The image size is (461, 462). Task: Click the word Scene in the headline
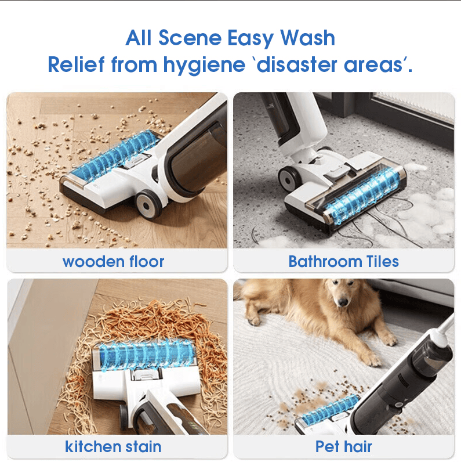click(190, 38)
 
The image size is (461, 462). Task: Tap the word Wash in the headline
click(307, 38)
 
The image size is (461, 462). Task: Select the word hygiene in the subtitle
click(204, 66)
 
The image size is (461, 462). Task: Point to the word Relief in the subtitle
click(76, 64)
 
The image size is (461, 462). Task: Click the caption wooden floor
click(113, 262)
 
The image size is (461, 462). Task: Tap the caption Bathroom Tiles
click(343, 261)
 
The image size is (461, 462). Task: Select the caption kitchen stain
click(113, 446)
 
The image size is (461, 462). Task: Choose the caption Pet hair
click(343, 446)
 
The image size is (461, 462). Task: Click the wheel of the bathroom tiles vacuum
click(290, 179)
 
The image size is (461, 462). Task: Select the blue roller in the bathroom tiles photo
click(364, 195)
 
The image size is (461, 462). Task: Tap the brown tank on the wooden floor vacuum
click(195, 157)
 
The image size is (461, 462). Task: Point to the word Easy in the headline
click(251, 39)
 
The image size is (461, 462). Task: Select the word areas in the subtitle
click(373, 66)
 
